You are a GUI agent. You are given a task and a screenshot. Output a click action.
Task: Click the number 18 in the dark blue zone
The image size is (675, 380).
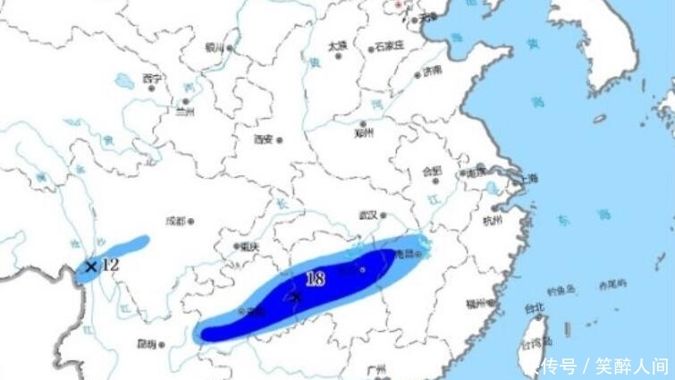click(315, 278)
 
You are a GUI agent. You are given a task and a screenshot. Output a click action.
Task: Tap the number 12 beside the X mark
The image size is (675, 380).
click(110, 265)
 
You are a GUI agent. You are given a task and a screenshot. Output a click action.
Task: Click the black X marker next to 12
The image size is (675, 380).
click(90, 266)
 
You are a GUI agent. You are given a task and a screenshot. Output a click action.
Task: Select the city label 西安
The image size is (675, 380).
click(263, 139)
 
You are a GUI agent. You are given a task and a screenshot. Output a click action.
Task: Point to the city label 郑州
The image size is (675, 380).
click(362, 133)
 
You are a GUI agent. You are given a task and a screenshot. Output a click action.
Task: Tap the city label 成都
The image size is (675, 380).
click(175, 220)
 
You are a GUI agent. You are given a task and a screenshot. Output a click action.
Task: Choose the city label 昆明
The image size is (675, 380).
click(147, 343)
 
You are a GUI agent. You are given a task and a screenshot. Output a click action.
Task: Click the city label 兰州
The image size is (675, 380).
click(185, 113)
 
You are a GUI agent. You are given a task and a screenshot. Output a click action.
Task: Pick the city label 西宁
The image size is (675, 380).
click(151, 79)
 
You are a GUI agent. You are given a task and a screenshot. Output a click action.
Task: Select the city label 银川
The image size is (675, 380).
click(215, 47)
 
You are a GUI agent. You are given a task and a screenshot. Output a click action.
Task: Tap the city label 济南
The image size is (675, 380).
click(432, 71)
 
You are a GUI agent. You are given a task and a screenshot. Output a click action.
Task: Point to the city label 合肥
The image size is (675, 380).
click(432, 172)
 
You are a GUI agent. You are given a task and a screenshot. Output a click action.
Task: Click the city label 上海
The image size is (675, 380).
click(528, 178)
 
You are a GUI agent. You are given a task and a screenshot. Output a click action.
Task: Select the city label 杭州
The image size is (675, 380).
click(493, 219)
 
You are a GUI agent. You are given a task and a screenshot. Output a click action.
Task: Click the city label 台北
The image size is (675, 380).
click(534, 308)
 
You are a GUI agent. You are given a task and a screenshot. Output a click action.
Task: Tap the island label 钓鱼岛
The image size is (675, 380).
click(566, 288)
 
